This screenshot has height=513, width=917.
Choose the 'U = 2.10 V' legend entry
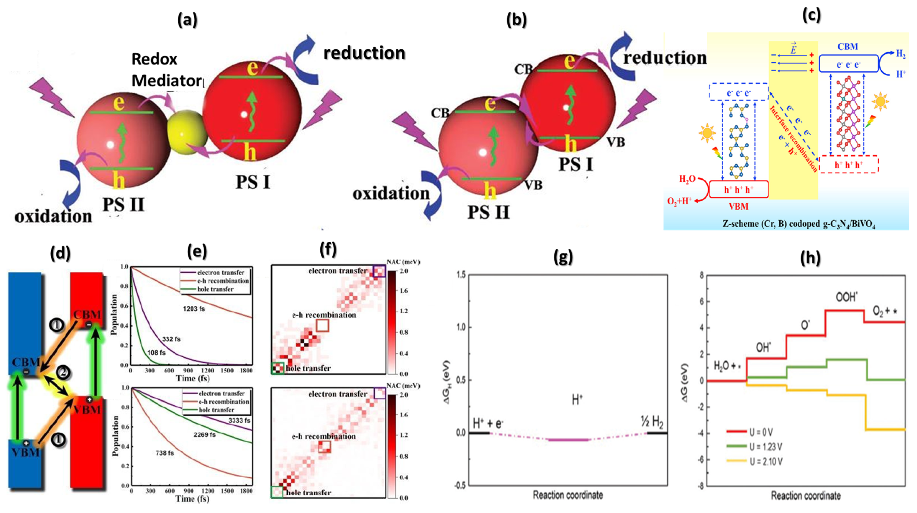click(x=765, y=462)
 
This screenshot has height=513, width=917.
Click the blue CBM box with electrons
click(x=848, y=64)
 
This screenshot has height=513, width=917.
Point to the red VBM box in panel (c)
click(x=739, y=189)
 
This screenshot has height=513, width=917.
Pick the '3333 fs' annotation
click(x=239, y=420)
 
